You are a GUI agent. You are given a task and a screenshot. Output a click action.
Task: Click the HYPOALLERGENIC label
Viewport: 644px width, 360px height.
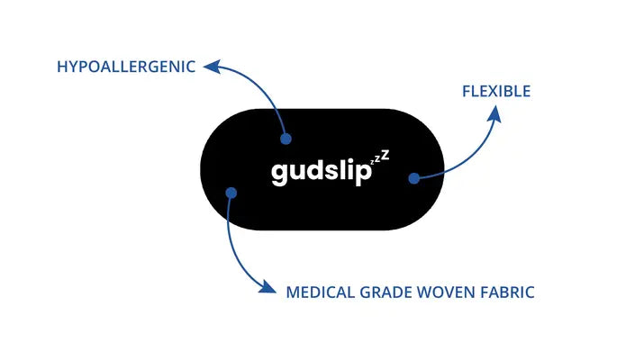tap(125, 67)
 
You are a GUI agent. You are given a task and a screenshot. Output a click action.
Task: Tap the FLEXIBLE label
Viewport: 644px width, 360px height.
tap(496, 91)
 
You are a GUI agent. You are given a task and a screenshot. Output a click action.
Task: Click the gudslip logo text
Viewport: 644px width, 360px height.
tap(321, 172)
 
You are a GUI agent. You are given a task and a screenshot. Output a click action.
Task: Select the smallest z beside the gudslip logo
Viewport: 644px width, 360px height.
tap(376, 162)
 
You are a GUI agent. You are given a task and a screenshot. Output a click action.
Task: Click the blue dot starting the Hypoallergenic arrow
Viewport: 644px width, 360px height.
tap(287, 139)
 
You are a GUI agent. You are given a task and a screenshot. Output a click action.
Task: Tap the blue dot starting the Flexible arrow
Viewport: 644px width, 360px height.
tap(413, 178)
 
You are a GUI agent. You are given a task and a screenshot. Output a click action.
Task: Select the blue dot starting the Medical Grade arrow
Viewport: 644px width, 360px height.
tap(231, 192)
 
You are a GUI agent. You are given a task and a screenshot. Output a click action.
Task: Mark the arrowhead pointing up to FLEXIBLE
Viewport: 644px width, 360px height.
tap(495, 115)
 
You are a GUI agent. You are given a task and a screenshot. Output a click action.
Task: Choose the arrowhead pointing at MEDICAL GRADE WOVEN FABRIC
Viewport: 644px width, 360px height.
tap(268, 289)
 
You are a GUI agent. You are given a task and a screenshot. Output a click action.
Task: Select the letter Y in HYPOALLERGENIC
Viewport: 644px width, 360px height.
tap(72, 67)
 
